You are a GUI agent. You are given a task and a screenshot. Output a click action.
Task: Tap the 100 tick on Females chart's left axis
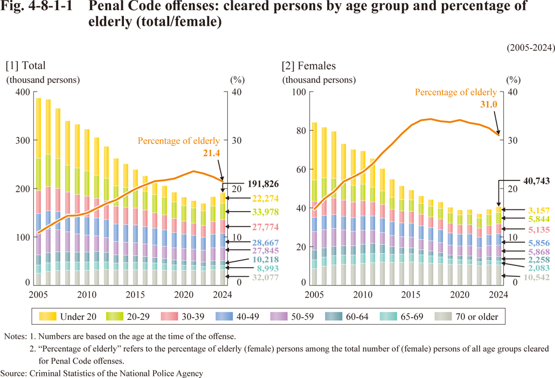coord(300,92)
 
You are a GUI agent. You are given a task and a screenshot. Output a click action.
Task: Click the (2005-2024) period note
coord(530,47)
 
